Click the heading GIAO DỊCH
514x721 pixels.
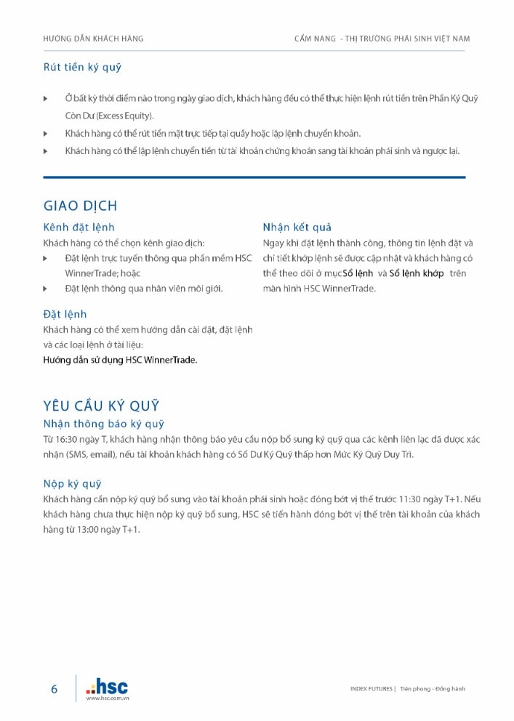click(80, 206)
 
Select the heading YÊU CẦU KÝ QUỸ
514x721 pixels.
click(101, 406)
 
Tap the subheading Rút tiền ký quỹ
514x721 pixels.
click(82, 68)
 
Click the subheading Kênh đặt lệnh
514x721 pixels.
click(79, 227)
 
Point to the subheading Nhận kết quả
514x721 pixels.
click(297, 227)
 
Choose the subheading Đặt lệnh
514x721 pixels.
click(65, 314)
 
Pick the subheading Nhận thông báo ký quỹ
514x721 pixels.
click(104, 424)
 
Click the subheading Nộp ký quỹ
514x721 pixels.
click(72, 483)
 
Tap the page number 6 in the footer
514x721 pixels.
click(54, 689)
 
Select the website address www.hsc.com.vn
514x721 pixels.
click(108, 698)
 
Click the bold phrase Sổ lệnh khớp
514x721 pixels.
click(417, 273)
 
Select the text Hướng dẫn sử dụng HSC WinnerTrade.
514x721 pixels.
click(120, 360)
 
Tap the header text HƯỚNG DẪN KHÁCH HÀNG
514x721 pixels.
click(93, 39)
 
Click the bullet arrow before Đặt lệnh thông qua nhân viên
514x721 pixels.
click(46, 289)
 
